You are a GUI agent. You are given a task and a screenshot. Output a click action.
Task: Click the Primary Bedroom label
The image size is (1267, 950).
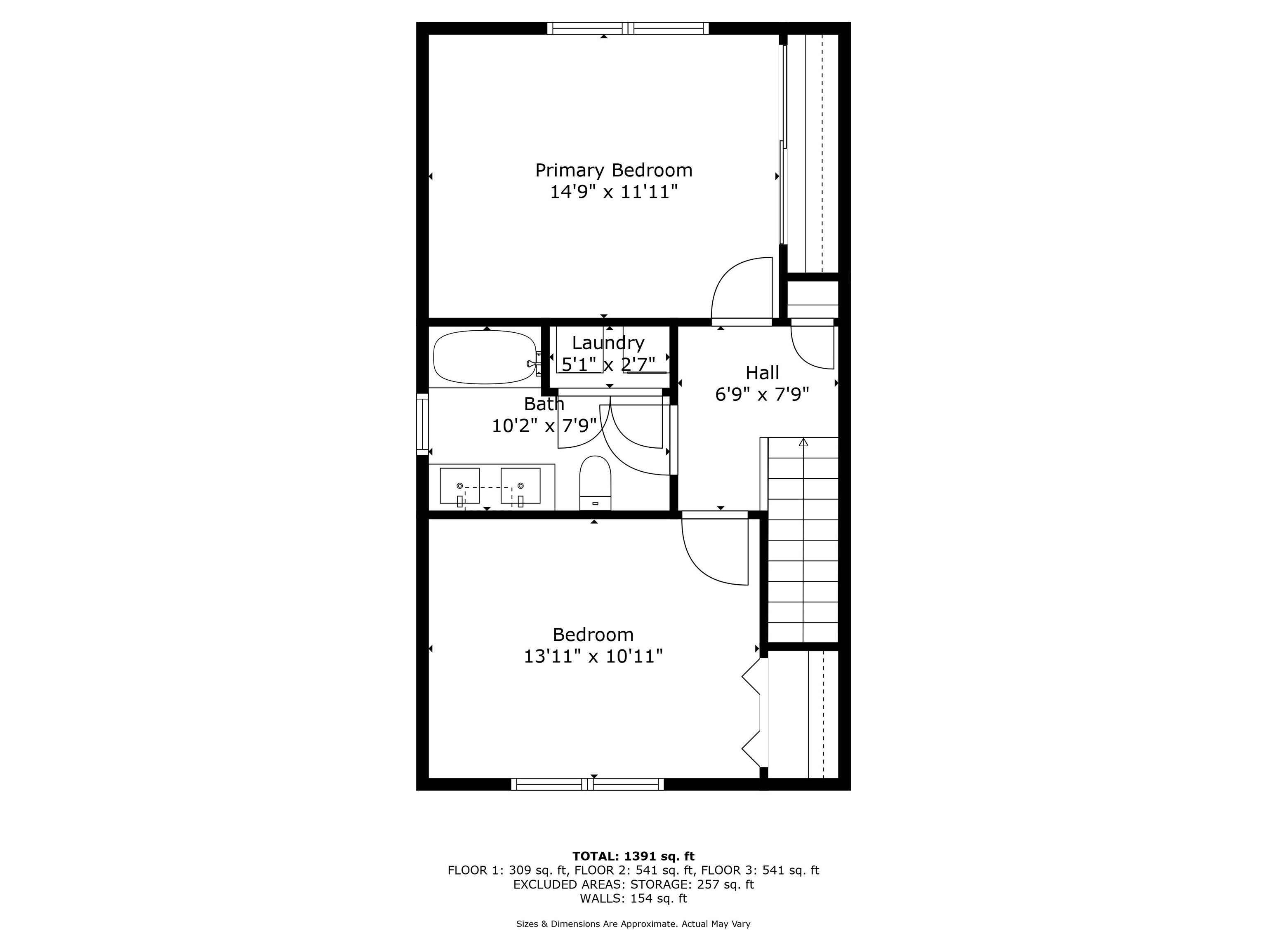613,170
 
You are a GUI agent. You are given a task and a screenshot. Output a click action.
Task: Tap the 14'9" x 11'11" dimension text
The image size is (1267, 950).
613,192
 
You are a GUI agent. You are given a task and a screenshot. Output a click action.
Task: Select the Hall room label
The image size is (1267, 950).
762,373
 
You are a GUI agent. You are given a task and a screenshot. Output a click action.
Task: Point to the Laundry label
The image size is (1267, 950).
608,343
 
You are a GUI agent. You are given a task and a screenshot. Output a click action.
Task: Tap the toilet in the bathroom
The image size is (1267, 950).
595,483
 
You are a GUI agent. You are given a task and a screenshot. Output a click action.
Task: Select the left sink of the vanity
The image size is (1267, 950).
459,486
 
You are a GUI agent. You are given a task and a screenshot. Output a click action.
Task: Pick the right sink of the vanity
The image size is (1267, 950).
520,486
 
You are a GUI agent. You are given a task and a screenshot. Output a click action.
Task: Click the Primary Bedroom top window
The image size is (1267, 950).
628,28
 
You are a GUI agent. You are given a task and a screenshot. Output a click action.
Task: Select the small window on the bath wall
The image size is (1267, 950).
422,424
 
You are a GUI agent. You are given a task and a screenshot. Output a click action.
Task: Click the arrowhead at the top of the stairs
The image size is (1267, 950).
803,442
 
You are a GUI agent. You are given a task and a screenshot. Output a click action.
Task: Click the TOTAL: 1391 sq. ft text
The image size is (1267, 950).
633,856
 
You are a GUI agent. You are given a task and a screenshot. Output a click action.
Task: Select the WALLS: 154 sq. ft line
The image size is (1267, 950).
633,898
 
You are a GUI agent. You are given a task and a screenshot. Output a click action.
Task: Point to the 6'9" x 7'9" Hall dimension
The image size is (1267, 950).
762,395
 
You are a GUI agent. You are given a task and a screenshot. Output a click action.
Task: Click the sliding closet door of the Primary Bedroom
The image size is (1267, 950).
783,143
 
